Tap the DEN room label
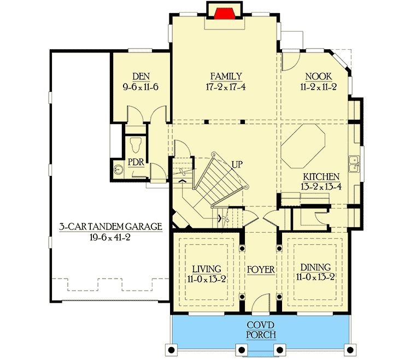(x=137, y=76)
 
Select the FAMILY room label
(x=226, y=76)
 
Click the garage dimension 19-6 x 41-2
(x=112, y=238)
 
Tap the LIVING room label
(x=207, y=268)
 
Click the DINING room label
(x=315, y=267)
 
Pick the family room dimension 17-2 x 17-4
(x=226, y=86)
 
